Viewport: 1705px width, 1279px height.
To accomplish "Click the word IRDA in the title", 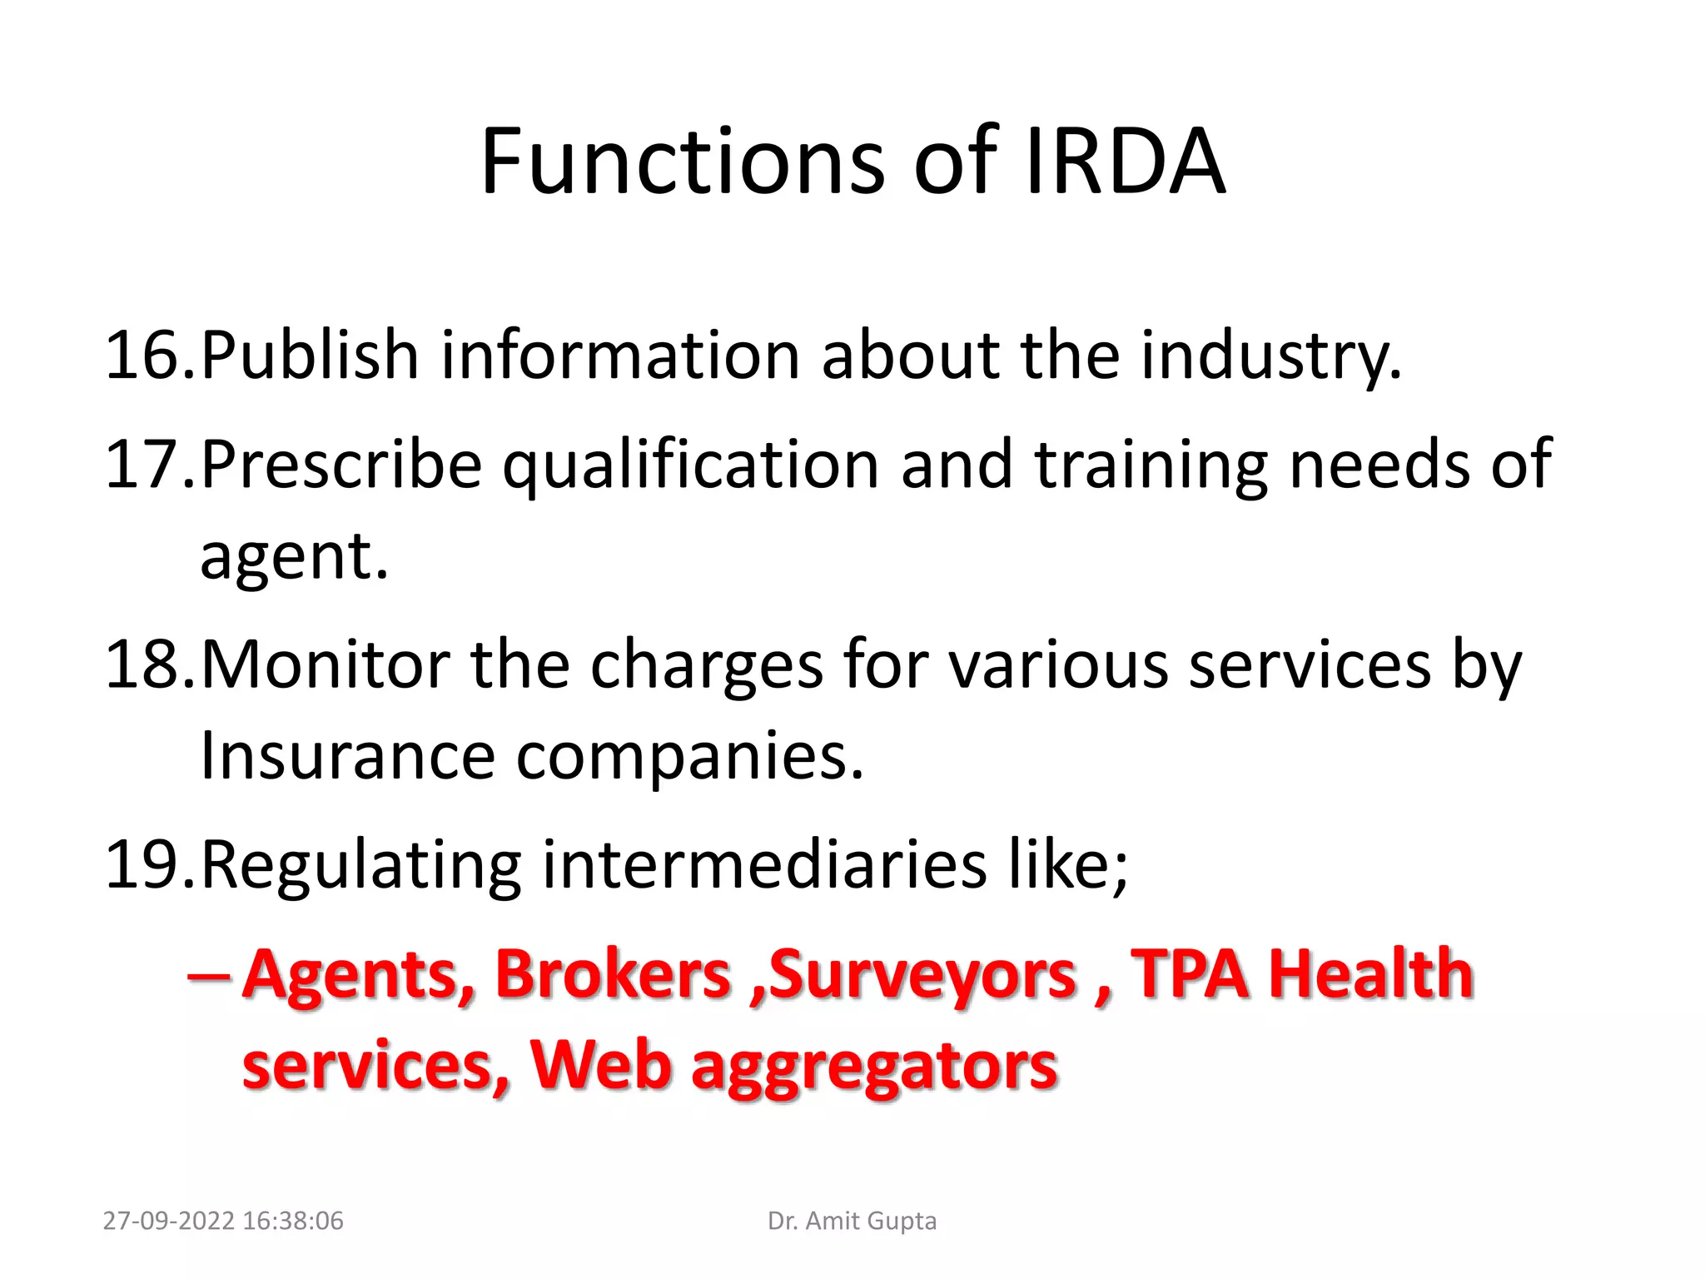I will [x=1126, y=162].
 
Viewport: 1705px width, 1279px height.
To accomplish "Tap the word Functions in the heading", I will [x=683, y=162].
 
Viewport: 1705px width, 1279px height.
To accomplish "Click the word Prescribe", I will [x=341, y=465].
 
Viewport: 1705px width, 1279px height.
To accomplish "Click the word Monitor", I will [x=325, y=665].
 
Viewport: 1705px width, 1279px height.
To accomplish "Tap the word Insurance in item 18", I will [x=348, y=756].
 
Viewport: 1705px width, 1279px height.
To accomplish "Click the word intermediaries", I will [x=764, y=865].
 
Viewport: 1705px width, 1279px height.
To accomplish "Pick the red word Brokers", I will [x=613, y=973].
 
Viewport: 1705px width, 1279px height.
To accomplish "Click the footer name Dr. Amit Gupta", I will [x=852, y=1221].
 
